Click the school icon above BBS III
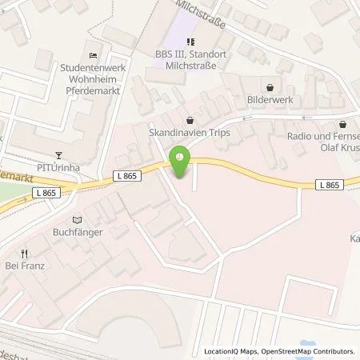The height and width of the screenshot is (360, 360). (x=190, y=42)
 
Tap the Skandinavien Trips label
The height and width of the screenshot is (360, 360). (x=189, y=132)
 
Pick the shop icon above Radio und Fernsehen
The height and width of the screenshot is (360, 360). (x=342, y=124)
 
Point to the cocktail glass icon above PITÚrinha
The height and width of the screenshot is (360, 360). (x=57, y=155)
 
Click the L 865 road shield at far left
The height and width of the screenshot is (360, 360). (x=46, y=193)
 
